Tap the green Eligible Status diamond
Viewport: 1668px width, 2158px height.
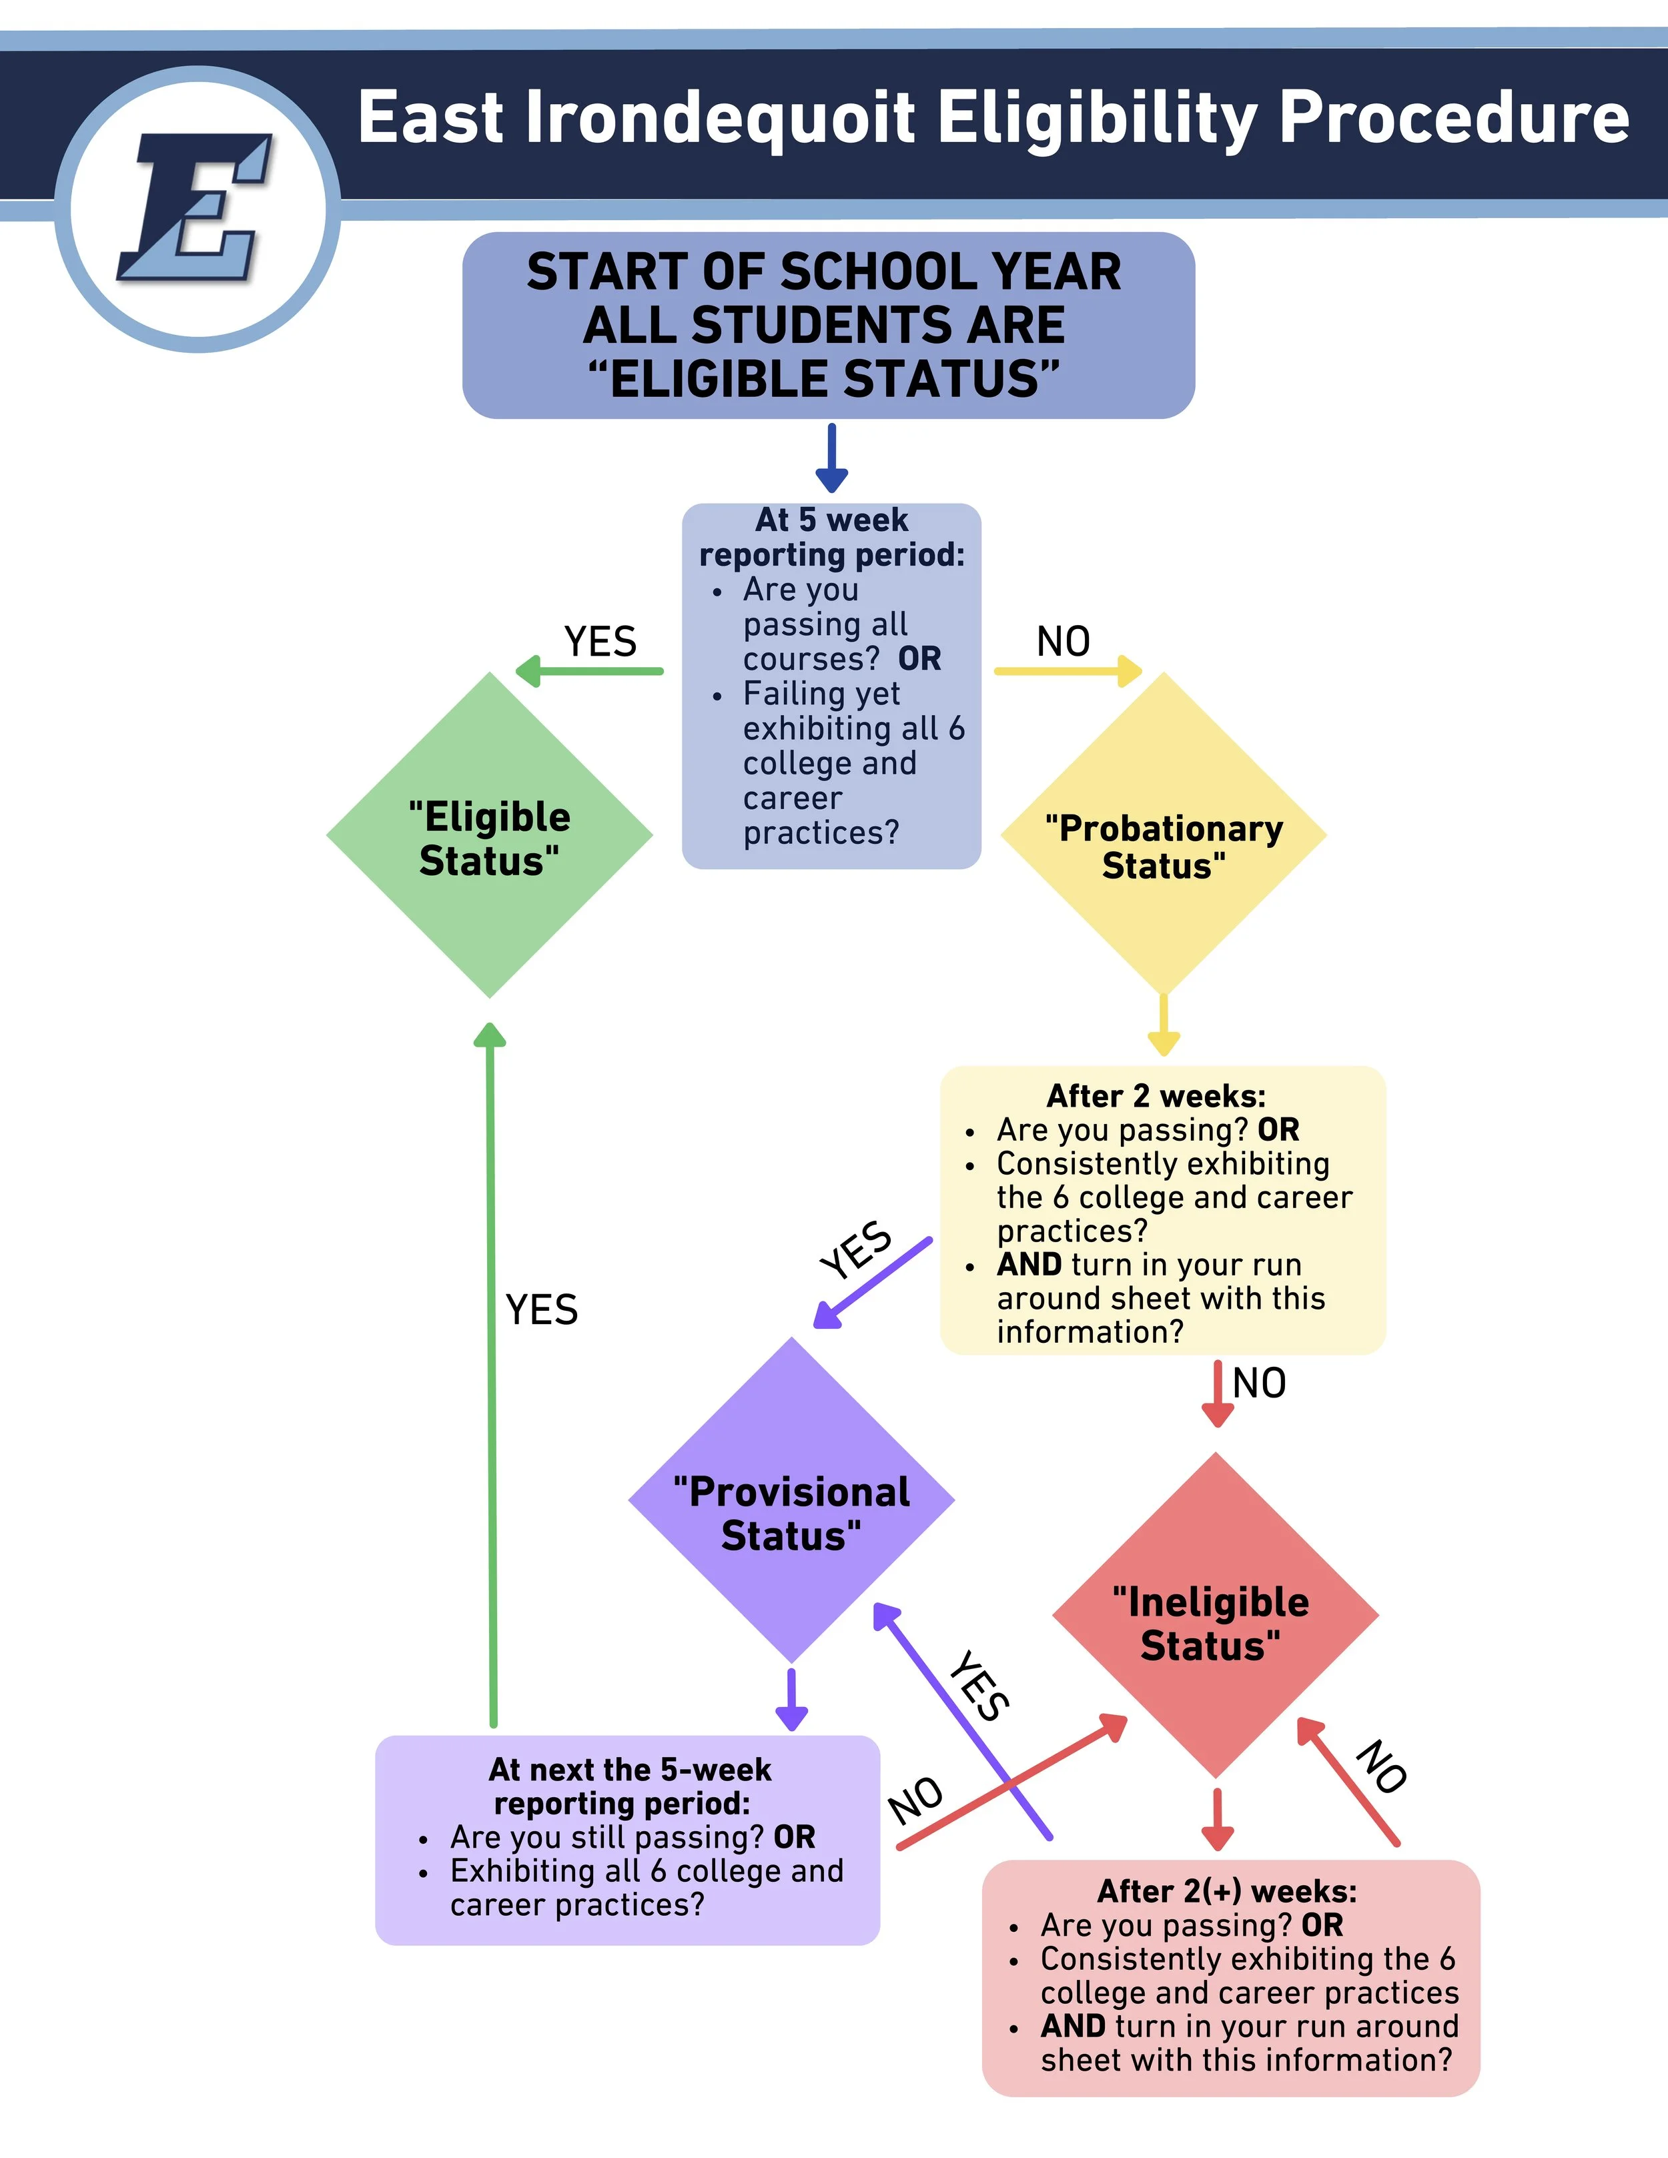click(x=489, y=836)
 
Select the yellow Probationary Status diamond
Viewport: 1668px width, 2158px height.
click(x=1163, y=836)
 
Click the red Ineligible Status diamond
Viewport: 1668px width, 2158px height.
click(x=1216, y=1616)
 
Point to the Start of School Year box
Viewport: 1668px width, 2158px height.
click(x=828, y=325)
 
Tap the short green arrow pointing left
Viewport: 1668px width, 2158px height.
click(x=590, y=672)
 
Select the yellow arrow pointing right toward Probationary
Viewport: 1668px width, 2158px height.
click(x=1068, y=672)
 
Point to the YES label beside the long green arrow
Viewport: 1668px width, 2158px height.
click(x=542, y=1310)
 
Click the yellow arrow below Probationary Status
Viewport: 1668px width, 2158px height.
click(x=1163, y=1025)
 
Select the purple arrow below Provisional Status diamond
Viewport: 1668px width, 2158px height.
click(x=791, y=1700)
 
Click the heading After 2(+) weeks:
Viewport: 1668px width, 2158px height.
click(x=1227, y=1891)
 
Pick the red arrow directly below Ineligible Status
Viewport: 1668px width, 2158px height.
click(x=1218, y=1820)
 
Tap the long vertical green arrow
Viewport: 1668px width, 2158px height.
click(x=491, y=1374)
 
